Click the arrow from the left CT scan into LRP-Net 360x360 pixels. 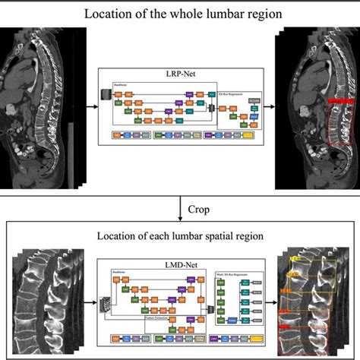87,106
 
